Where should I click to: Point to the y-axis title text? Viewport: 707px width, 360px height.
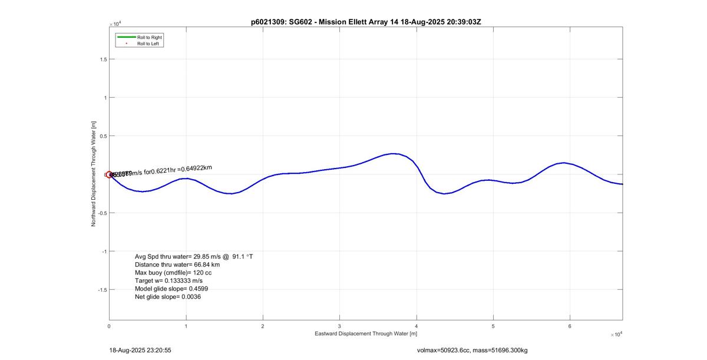coord(94,174)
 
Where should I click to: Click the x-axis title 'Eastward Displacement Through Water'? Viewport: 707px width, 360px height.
coord(365,334)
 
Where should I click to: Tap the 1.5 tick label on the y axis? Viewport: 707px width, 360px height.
coord(103,59)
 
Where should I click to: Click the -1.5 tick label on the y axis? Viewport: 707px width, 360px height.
coord(102,289)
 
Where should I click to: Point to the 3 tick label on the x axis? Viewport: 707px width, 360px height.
coord(340,326)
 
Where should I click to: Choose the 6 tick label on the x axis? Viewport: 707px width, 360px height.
coord(570,326)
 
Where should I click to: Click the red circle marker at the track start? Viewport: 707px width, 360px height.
coord(109,174)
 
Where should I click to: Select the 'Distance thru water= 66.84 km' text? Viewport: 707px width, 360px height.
coord(177,265)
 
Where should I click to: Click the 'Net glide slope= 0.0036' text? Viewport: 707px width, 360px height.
coord(168,297)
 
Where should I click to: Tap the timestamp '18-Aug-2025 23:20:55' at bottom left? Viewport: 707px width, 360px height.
coord(140,350)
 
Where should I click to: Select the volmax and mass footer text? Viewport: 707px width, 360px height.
coord(472,351)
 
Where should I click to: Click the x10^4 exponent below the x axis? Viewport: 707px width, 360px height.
coord(616,335)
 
